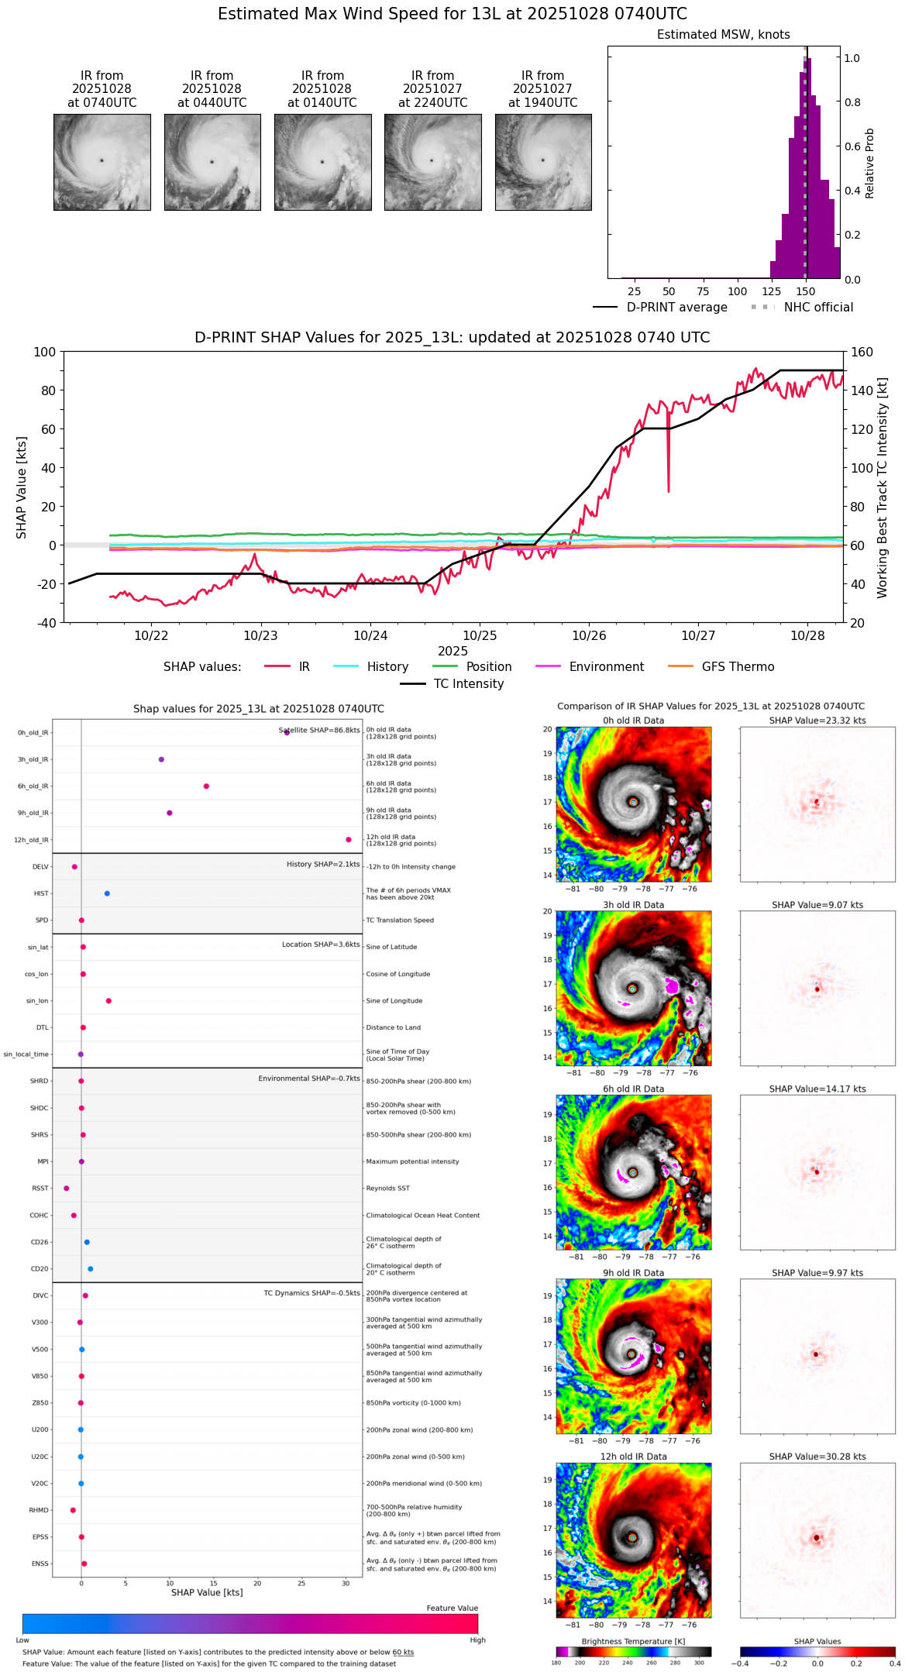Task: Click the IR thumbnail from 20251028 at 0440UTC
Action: tap(212, 162)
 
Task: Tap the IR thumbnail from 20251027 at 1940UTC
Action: tap(543, 162)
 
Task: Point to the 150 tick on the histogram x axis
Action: tap(806, 292)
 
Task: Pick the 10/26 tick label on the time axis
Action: tap(589, 636)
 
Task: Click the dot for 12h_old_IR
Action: tap(349, 840)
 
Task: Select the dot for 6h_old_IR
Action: tap(206, 786)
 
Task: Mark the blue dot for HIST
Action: tap(107, 893)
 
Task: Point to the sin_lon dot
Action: tap(108, 1001)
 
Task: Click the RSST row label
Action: tap(40, 1189)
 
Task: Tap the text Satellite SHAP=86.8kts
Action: tap(319, 731)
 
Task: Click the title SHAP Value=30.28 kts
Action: tap(817, 1457)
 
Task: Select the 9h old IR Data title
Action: tap(633, 1273)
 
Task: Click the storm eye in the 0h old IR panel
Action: tap(634, 802)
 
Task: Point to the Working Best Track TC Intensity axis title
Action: tap(883, 488)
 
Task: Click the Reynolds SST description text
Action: tap(387, 1189)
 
